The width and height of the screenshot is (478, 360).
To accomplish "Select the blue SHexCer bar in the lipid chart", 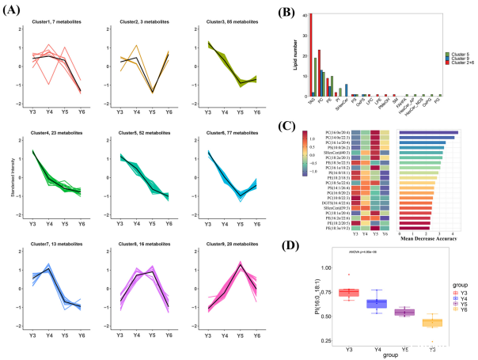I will point(347,89).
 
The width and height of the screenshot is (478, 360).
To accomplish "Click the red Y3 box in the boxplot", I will point(349,293).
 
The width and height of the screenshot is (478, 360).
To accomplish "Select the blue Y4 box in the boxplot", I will point(377,304).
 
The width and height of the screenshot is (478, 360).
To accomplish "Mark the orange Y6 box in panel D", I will point(431,323).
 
